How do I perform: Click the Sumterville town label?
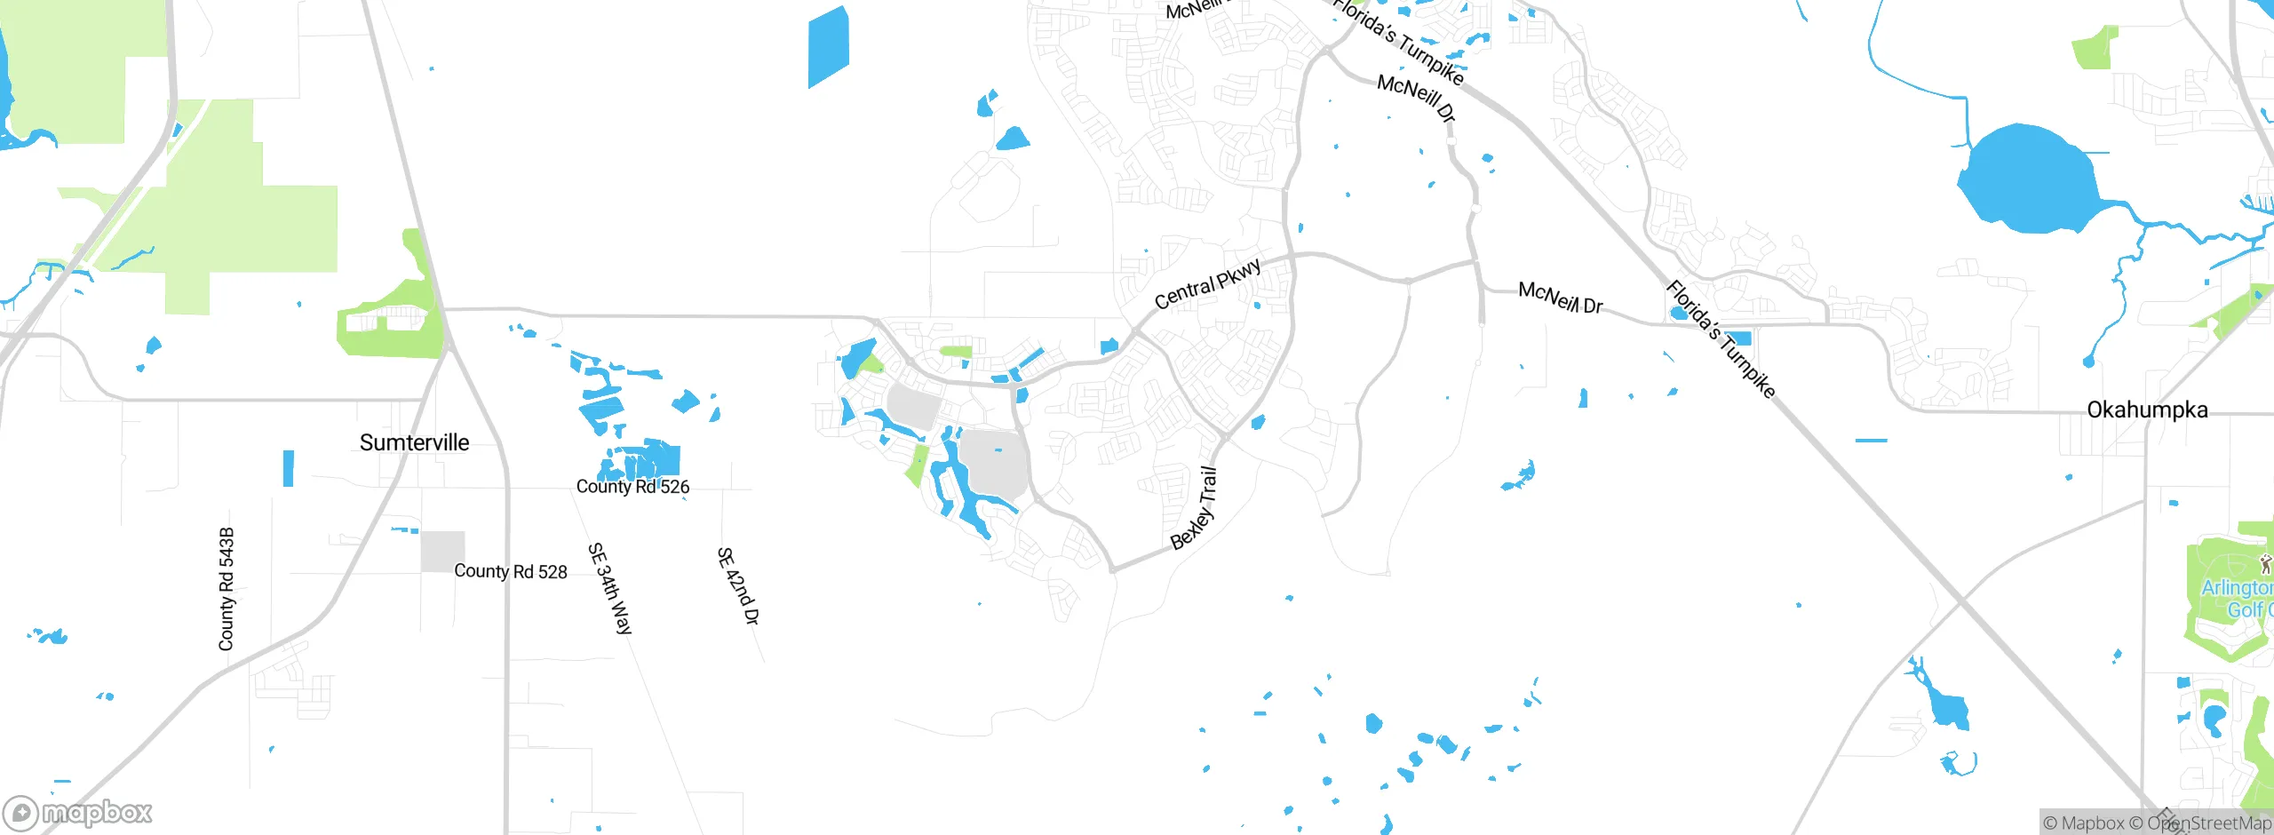(x=414, y=442)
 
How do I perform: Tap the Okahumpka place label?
(x=2146, y=410)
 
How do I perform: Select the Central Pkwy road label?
(x=1207, y=284)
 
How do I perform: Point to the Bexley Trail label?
(x=1195, y=509)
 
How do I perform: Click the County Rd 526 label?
(x=632, y=486)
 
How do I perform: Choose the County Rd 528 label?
(x=510, y=571)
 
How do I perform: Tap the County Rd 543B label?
(x=227, y=588)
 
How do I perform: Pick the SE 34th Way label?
(x=610, y=588)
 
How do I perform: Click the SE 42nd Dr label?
(x=738, y=585)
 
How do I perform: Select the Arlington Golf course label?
(x=2237, y=599)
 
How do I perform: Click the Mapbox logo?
(x=78, y=812)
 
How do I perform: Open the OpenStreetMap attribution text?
(x=2208, y=823)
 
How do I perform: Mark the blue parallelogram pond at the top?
(x=828, y=47)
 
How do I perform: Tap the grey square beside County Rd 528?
(x=442, y=551)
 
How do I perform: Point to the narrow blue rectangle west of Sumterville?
(x=288, y=468)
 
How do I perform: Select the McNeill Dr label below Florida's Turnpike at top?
(x=1416, y=98)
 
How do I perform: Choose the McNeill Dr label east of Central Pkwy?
(x=1560, y=298)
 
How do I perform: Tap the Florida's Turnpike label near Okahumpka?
(x=1721, y=339)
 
